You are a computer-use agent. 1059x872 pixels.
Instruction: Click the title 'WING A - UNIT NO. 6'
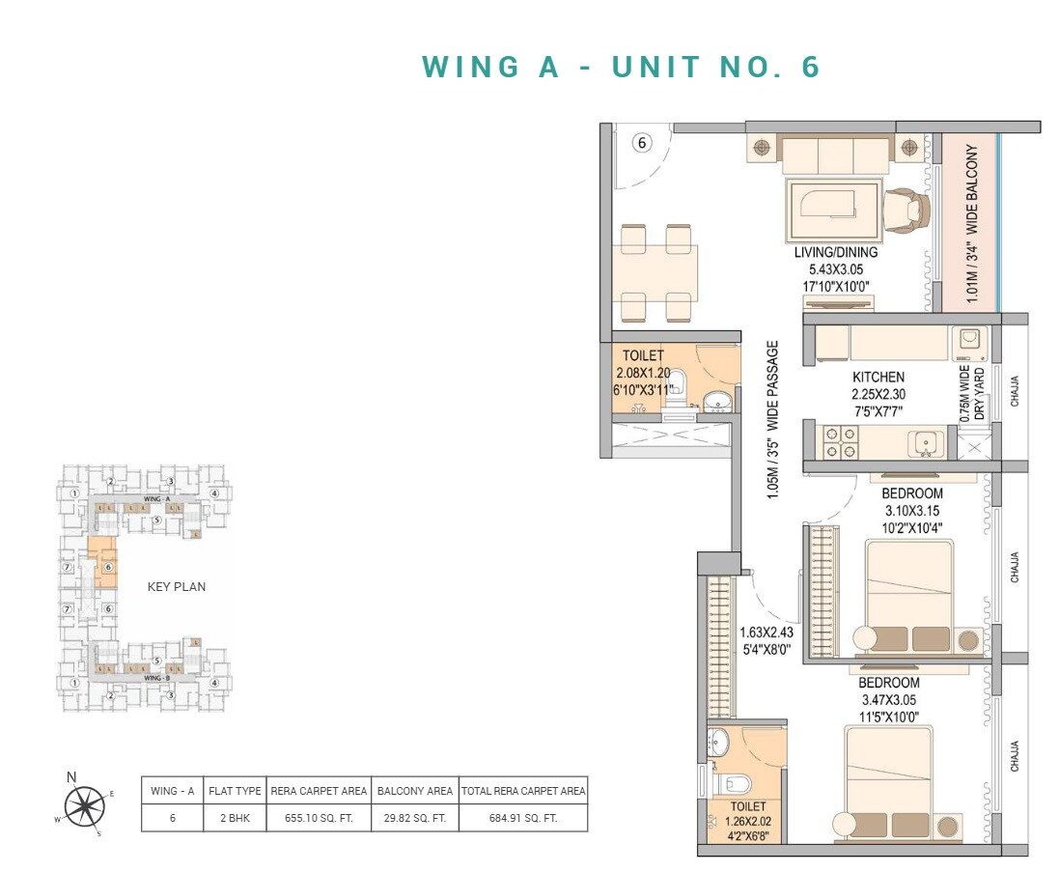point(622,67)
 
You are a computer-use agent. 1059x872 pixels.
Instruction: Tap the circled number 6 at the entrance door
point(643,143)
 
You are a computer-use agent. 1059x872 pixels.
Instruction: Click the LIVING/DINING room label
point(836,253)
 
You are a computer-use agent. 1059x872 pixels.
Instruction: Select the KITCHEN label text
point(878,378)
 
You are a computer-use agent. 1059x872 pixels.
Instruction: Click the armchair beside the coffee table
point(906,208)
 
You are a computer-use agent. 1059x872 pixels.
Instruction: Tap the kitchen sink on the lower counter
point(924,443)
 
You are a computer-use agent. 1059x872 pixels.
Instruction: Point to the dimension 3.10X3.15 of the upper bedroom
point(911,510)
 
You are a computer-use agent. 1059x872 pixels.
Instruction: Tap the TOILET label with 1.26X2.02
point(747,806)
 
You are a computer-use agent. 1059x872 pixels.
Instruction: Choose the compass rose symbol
point(85,805)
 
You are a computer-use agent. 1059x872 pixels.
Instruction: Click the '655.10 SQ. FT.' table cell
point(318,817)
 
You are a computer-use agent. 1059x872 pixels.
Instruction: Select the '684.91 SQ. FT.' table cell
point(522,817)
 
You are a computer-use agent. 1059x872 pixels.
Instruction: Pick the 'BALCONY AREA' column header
point(414,791)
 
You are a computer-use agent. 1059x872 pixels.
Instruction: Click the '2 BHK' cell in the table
point(235,817)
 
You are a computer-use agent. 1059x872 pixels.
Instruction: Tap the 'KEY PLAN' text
point(176,586)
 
